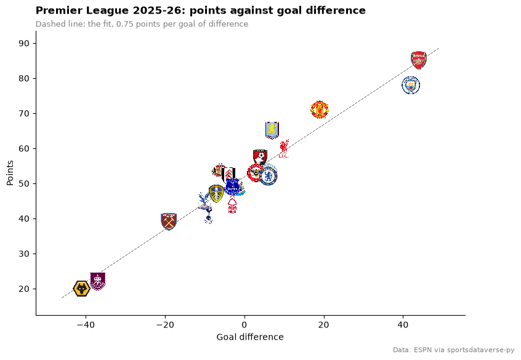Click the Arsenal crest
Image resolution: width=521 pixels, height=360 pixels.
419,60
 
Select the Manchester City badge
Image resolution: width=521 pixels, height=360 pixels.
411,86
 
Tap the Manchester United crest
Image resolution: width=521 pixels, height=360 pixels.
320,110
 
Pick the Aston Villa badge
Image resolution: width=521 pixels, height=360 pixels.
272,130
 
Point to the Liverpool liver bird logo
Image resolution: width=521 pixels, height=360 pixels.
284,148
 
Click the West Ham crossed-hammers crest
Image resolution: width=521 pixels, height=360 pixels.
169,222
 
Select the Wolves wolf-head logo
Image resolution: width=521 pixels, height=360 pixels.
81,289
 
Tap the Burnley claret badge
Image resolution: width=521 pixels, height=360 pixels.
98,281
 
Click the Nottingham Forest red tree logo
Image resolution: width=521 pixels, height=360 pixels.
232,204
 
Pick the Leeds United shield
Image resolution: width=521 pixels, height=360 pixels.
216,194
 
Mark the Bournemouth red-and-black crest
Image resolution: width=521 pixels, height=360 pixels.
260,158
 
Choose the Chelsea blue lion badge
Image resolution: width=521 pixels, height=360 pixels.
268,177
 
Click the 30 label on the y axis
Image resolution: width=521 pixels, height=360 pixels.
24,254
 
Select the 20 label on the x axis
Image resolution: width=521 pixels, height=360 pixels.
324,325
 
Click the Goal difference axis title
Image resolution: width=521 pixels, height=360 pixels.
250,337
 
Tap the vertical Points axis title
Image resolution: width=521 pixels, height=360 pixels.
10,173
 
